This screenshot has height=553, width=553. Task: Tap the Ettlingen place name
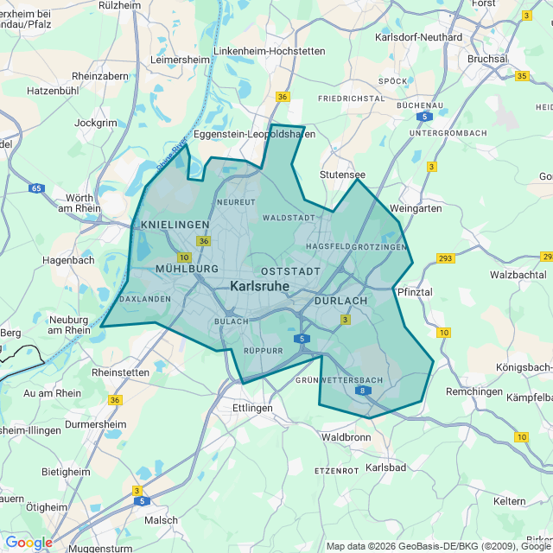click(x=252, y=407)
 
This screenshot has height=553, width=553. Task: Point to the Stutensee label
click(x=343, y=175)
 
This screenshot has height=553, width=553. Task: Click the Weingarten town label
click(x=416, y=208)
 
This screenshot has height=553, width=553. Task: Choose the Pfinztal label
click(x=413, y=292)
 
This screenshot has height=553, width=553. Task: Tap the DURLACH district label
click(x=340, y=301)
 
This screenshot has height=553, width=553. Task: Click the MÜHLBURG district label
click(x=187, y=269)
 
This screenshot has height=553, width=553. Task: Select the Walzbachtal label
click(x=518, y=274)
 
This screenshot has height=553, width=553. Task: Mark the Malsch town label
click(x=161, y=520)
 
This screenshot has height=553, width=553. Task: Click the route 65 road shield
click(x=35, y=188)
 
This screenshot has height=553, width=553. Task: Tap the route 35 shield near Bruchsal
click(x=522, y=76)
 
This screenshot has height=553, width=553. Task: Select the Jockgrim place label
click(x=96, y=123)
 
